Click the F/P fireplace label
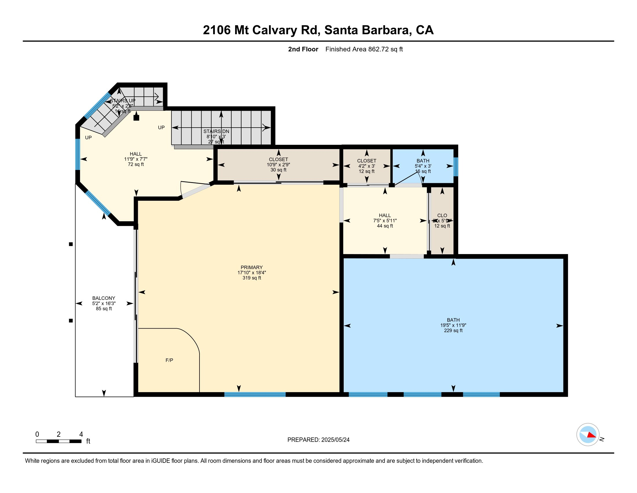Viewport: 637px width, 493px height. tap(169, 360)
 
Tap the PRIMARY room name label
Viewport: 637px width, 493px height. tap(251, 267)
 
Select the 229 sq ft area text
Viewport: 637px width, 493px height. tap(453, 330)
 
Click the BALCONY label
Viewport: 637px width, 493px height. tap(104, 298)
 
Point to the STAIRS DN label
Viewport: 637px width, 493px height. tap(216, 131)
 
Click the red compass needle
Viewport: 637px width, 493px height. tap(591, 435)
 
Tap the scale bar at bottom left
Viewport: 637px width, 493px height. tap(58, 441)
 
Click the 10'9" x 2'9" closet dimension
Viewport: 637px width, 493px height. tap(278, 165)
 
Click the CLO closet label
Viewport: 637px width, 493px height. tap(442, 215)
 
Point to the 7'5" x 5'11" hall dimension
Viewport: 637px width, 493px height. tap(385, 221)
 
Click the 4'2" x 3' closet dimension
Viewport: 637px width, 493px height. tap(366, 166)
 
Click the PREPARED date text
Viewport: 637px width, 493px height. tap(318, 440)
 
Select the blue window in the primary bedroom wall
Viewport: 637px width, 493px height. tap(255, 394)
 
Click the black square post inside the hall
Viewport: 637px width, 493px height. tap(136, 118)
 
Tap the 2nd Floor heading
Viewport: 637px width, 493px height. tap(303, 49)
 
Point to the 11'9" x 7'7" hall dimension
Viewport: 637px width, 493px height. tap(136, 159)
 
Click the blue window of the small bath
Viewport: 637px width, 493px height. tap(455, 167)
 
